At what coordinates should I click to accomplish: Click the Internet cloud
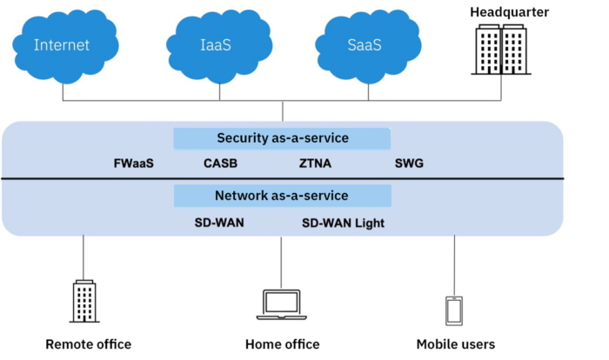coord(62,45)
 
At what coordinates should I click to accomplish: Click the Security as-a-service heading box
coord(282,138)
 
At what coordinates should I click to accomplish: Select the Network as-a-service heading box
coord(282,196)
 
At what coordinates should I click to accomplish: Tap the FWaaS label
coord(133,163)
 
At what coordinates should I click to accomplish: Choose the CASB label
coord(220,163)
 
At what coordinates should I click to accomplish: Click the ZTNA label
coord(315,163)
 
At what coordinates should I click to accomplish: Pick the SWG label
coord(409,163)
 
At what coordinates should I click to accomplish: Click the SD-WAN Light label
coord(343,223)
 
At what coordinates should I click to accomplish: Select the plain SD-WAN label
coord(219,223)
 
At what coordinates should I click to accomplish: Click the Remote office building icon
coord(84,302)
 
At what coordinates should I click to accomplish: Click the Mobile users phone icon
coord(454,310)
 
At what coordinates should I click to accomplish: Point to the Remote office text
coord(88,344)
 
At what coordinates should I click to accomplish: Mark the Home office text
coord(282,344)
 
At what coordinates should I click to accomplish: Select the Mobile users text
coord(455,344)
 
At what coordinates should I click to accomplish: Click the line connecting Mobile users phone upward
coord(454,265)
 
